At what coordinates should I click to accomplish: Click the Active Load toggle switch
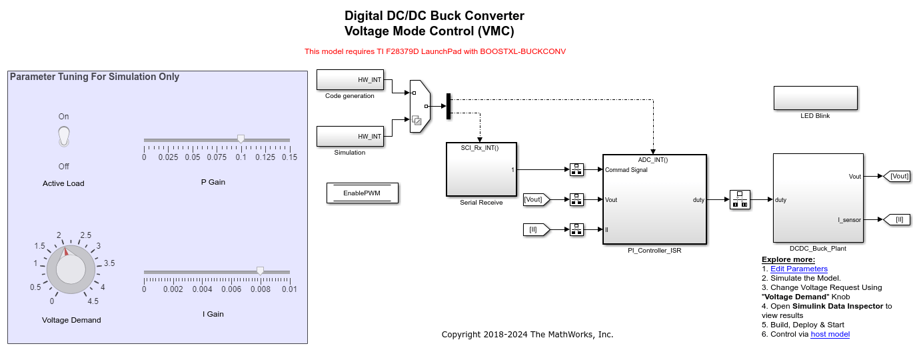coord(63,137)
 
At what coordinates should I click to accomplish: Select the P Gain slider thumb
coord(241,139)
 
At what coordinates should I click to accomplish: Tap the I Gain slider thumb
coord(260,271)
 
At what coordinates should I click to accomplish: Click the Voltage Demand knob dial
coord(71,270)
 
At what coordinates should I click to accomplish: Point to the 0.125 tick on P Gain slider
coord(265,157)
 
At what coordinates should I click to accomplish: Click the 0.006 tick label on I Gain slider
coord(231,289)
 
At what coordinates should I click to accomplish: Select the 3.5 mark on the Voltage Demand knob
coord(109,263)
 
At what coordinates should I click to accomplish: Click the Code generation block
coord(350,79)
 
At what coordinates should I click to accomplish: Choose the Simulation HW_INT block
coord(350,136)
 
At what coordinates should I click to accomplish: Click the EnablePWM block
coord(362,193)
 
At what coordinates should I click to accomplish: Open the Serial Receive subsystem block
coord(481,169)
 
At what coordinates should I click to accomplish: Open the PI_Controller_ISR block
coord(654,199)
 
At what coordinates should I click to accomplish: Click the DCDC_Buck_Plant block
coord(817,198)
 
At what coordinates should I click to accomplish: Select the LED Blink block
coord(815,98)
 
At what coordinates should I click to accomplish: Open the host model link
coord(830,334)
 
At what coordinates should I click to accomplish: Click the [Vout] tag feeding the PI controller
coord(536,199)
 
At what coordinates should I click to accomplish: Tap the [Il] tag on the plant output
coord(898,219)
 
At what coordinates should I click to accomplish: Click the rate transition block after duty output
coord(740,199)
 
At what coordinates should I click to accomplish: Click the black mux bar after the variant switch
coord(449,105)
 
